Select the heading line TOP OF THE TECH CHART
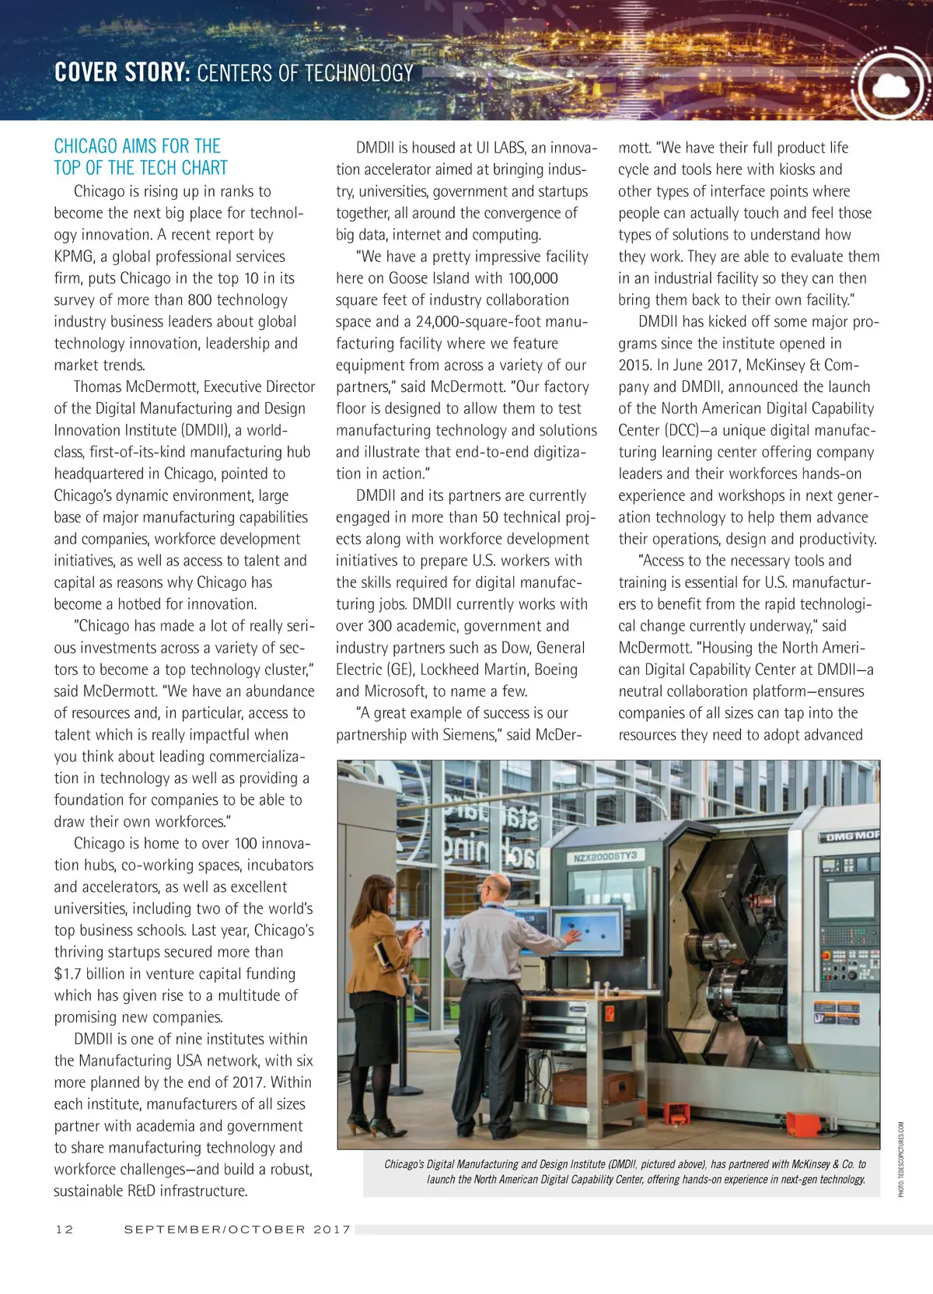[x=141, y=168]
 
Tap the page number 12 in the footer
[x=65, y=1229]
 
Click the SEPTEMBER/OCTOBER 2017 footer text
[x=237, y=1229]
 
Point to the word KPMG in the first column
[x=74, y=257]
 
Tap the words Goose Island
[x=432, y=278]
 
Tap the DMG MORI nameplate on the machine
[x=852, y=836]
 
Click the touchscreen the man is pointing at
[x=586, y=931]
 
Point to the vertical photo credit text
[x=901, y=1158]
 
